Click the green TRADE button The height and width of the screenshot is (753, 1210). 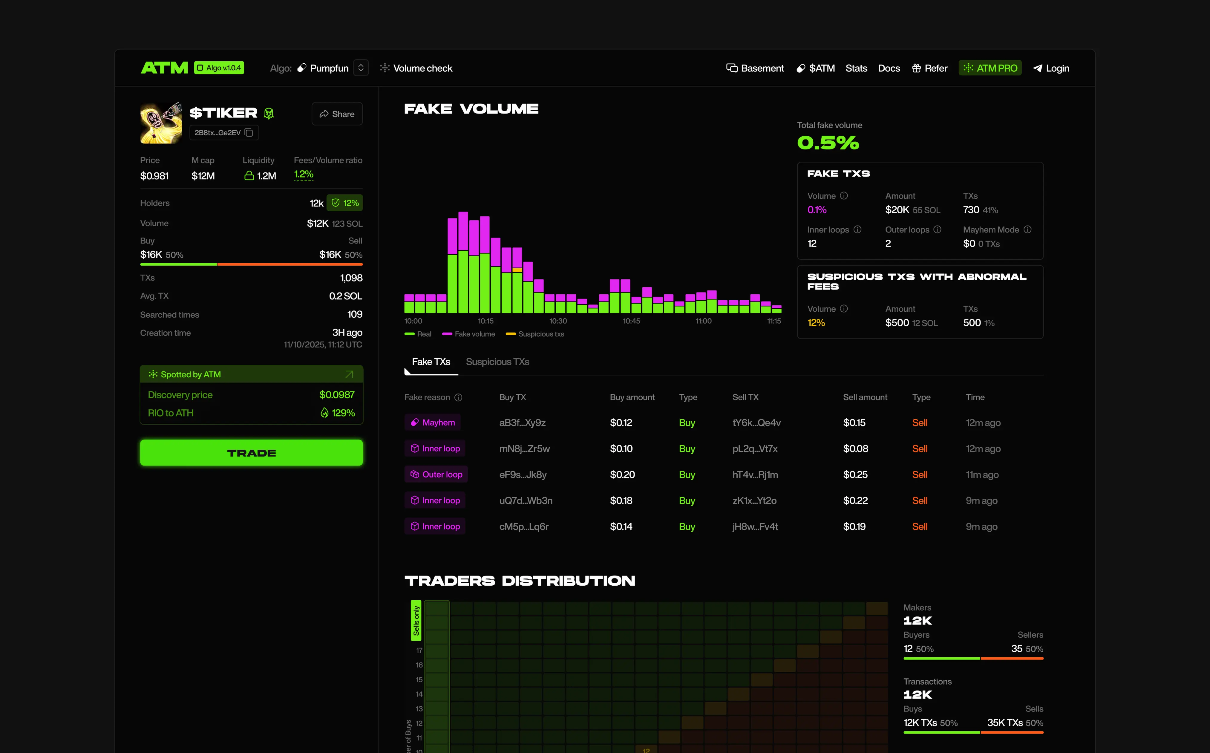click(x=252, y=453)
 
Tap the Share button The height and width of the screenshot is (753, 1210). click(x=337, y=114)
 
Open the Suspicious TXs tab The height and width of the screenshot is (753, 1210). click(x=497, y=362)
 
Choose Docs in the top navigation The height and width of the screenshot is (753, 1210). click(x=889, y=68)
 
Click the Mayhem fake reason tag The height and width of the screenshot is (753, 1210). click(x=432, y=422)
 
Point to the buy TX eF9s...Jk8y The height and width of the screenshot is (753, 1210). click(x=523, y=475)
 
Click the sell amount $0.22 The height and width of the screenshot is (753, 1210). click(x=855, y=501)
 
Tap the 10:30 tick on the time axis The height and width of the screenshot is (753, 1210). click(x=558, y=321)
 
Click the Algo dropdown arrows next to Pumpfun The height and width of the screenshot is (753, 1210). click(x=361, y=68)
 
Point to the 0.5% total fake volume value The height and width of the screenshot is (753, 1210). click(x=828, y=143)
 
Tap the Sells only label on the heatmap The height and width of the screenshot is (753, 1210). click(x=416, y=621)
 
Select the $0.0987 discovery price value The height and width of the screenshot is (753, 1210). click(x=337, y=395)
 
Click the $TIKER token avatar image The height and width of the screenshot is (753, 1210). click(x=161, y=123)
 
